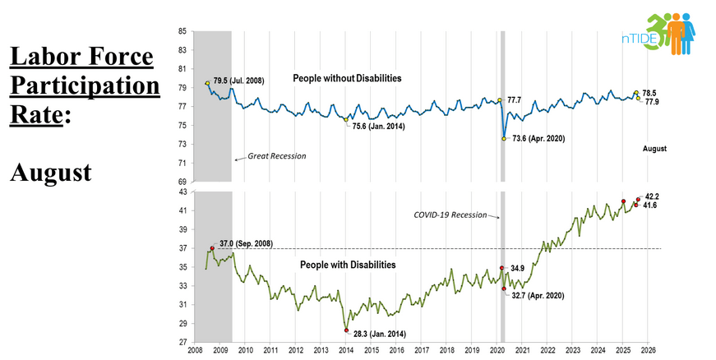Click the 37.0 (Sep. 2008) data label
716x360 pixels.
click(x=246, y=243)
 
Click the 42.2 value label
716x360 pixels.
click(x=651, y=196)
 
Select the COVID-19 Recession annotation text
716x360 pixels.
click(x=450, y=215)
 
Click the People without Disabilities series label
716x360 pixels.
click(x=347, y=78)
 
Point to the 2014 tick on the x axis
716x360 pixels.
click(x=346, y=350)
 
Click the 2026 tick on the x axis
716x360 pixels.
click(x=647, y=350)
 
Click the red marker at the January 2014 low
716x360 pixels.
click(x=346, y=330)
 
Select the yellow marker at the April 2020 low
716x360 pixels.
click(x=504, y=138)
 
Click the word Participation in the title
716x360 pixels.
click(x=81, y=85)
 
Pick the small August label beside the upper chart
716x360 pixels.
click(x=654, y=149)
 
